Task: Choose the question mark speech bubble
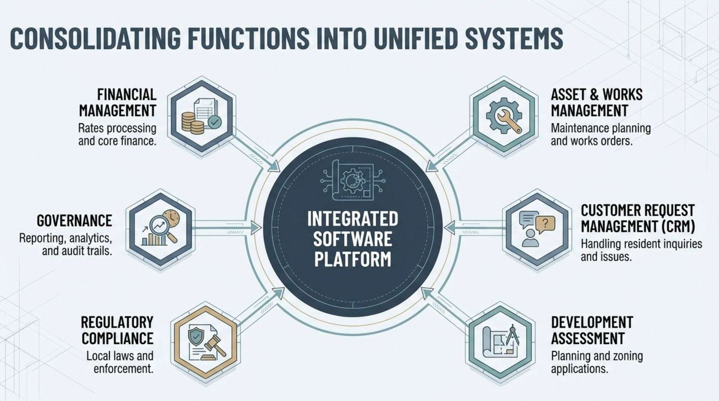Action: [546, 223]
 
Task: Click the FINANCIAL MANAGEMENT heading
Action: [118, 102]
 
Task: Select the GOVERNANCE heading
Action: [75, 220]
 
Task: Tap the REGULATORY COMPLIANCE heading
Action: [117, 330]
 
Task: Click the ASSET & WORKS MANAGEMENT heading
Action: [596, 102]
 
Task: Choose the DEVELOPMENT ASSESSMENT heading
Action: [592, 330]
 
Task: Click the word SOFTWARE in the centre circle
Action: [352, 239]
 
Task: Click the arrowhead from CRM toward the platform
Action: [450, 228]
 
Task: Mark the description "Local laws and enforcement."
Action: [120, 362]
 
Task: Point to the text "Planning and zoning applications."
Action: [597, 362]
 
